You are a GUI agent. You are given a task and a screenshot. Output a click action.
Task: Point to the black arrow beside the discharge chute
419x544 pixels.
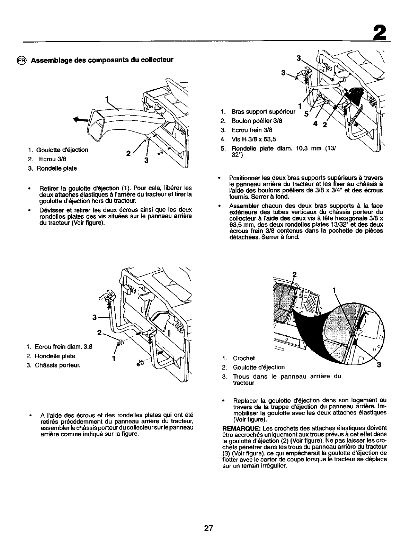point(80,120)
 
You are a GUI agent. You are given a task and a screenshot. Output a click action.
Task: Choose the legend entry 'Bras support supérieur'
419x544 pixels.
point(263,112)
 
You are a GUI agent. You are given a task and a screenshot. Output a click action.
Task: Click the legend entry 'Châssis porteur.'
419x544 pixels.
point(57,365)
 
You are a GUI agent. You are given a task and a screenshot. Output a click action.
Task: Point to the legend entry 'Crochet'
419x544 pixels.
point(244,359)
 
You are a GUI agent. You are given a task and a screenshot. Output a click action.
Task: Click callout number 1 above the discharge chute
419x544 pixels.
point(107,100)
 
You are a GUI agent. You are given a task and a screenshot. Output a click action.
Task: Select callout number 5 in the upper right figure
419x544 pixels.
point(306,114)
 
